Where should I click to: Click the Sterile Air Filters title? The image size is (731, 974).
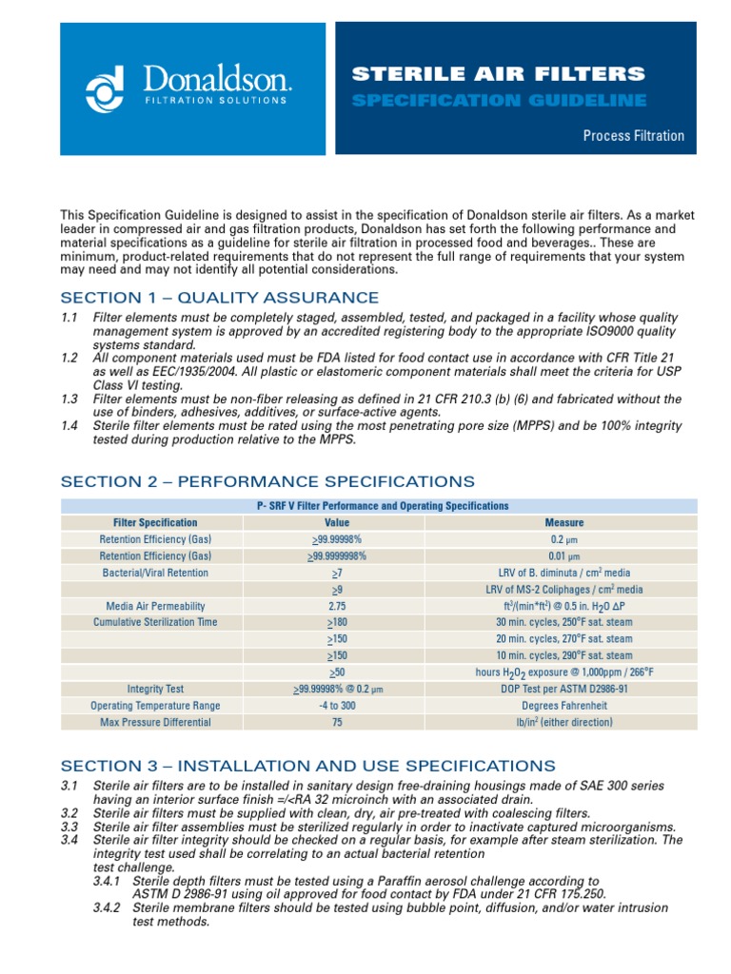point(499,73)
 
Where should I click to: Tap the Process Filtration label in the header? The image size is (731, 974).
point(633,136)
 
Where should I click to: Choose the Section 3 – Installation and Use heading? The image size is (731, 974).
point(307,765)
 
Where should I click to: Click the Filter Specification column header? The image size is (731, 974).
point(155,522)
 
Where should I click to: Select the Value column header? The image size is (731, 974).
point(337,522)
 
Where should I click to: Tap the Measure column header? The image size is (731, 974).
point(563,522)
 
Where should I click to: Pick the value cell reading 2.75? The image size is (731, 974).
point(337,606)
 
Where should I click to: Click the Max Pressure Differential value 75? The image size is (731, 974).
point(337,722)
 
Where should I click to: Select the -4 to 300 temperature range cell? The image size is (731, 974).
point(337,706)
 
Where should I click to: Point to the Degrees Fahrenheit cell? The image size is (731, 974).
point(563,706)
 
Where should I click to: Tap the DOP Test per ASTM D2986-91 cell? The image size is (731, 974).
point(563,689)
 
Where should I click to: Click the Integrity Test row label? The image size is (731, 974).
point(155,689)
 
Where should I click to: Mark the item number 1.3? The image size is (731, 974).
point(69,399)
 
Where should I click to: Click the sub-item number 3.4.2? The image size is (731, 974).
point(110,908)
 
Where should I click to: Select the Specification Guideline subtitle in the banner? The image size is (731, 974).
point(499,100)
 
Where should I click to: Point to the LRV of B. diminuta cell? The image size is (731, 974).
point(563,573)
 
